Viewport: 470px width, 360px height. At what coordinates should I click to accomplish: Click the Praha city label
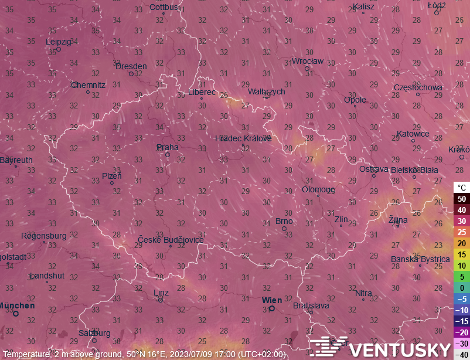(x=168, y=147)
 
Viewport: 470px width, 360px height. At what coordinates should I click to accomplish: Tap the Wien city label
(x=272, y=300)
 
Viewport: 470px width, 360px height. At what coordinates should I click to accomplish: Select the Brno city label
(x=284, y=221)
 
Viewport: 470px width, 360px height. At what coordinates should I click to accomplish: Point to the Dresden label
(x=131, y=66)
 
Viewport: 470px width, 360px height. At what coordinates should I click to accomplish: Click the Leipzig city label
(x=59, y=42)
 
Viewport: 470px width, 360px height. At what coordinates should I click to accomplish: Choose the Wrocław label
(x=307, y=61)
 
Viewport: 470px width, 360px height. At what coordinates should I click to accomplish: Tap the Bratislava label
(x=311, y=305)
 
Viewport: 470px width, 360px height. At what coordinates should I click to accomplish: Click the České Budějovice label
(x=171, y=240)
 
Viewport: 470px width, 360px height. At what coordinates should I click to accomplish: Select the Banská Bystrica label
(x=420, y=259)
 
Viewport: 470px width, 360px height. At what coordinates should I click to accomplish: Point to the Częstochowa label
(x=418, y=87)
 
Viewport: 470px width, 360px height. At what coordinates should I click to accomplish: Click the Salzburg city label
(x=94, y=333)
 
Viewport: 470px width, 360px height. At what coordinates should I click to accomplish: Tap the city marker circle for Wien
(x=272, y=308)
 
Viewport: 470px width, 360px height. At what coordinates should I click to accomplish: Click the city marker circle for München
(x=16, y=314)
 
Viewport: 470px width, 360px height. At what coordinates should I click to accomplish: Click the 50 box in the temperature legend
(x=462, y=199)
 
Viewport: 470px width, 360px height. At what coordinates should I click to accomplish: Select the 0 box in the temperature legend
(x=462, y=288)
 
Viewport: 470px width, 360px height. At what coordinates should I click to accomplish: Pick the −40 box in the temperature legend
(x=462, y=354)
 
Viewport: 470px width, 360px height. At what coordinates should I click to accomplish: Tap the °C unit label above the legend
(x=462, y=188)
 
